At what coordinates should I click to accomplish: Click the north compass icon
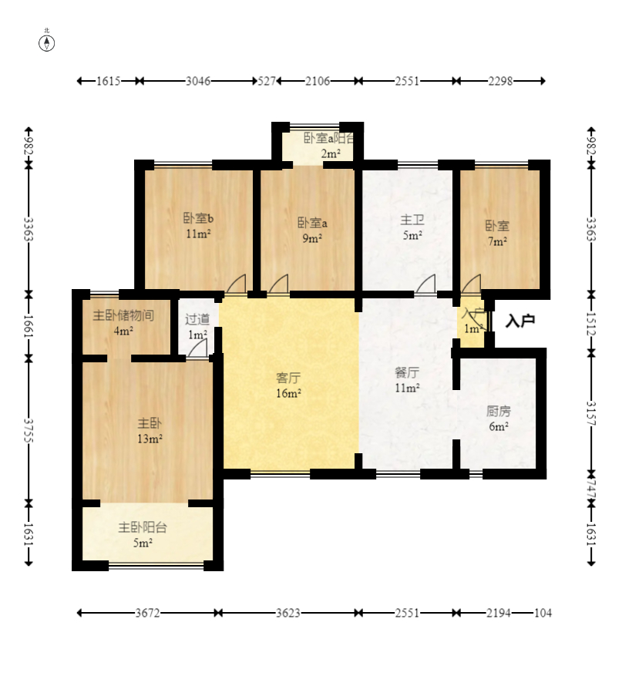coord(47,43)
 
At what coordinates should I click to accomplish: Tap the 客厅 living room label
coord(288,378)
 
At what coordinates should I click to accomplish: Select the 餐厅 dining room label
coord(407,372)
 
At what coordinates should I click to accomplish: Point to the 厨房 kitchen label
coord(499,412)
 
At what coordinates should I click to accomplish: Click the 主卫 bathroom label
coord(412,220)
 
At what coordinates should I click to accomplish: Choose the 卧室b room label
coord(198,218)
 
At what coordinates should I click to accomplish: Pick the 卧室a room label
coord(312,223)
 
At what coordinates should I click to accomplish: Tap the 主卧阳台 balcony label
coord(143,527)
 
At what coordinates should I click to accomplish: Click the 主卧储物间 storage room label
coord(123,315)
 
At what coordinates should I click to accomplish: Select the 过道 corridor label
coord(197,319)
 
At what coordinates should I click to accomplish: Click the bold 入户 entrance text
coord(520,321)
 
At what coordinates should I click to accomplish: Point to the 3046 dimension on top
coord(198,81)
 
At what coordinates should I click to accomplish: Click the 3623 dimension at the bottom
coord(288,613)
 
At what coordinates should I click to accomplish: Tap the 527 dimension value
coord(267,81)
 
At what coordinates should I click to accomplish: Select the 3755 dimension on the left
coord(29,430)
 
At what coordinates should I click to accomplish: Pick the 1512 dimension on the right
coord(591,325)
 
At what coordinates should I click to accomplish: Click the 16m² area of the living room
coord(288,393)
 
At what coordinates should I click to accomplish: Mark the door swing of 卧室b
coord(236,284)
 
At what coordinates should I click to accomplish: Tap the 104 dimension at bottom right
coord(543,613)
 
